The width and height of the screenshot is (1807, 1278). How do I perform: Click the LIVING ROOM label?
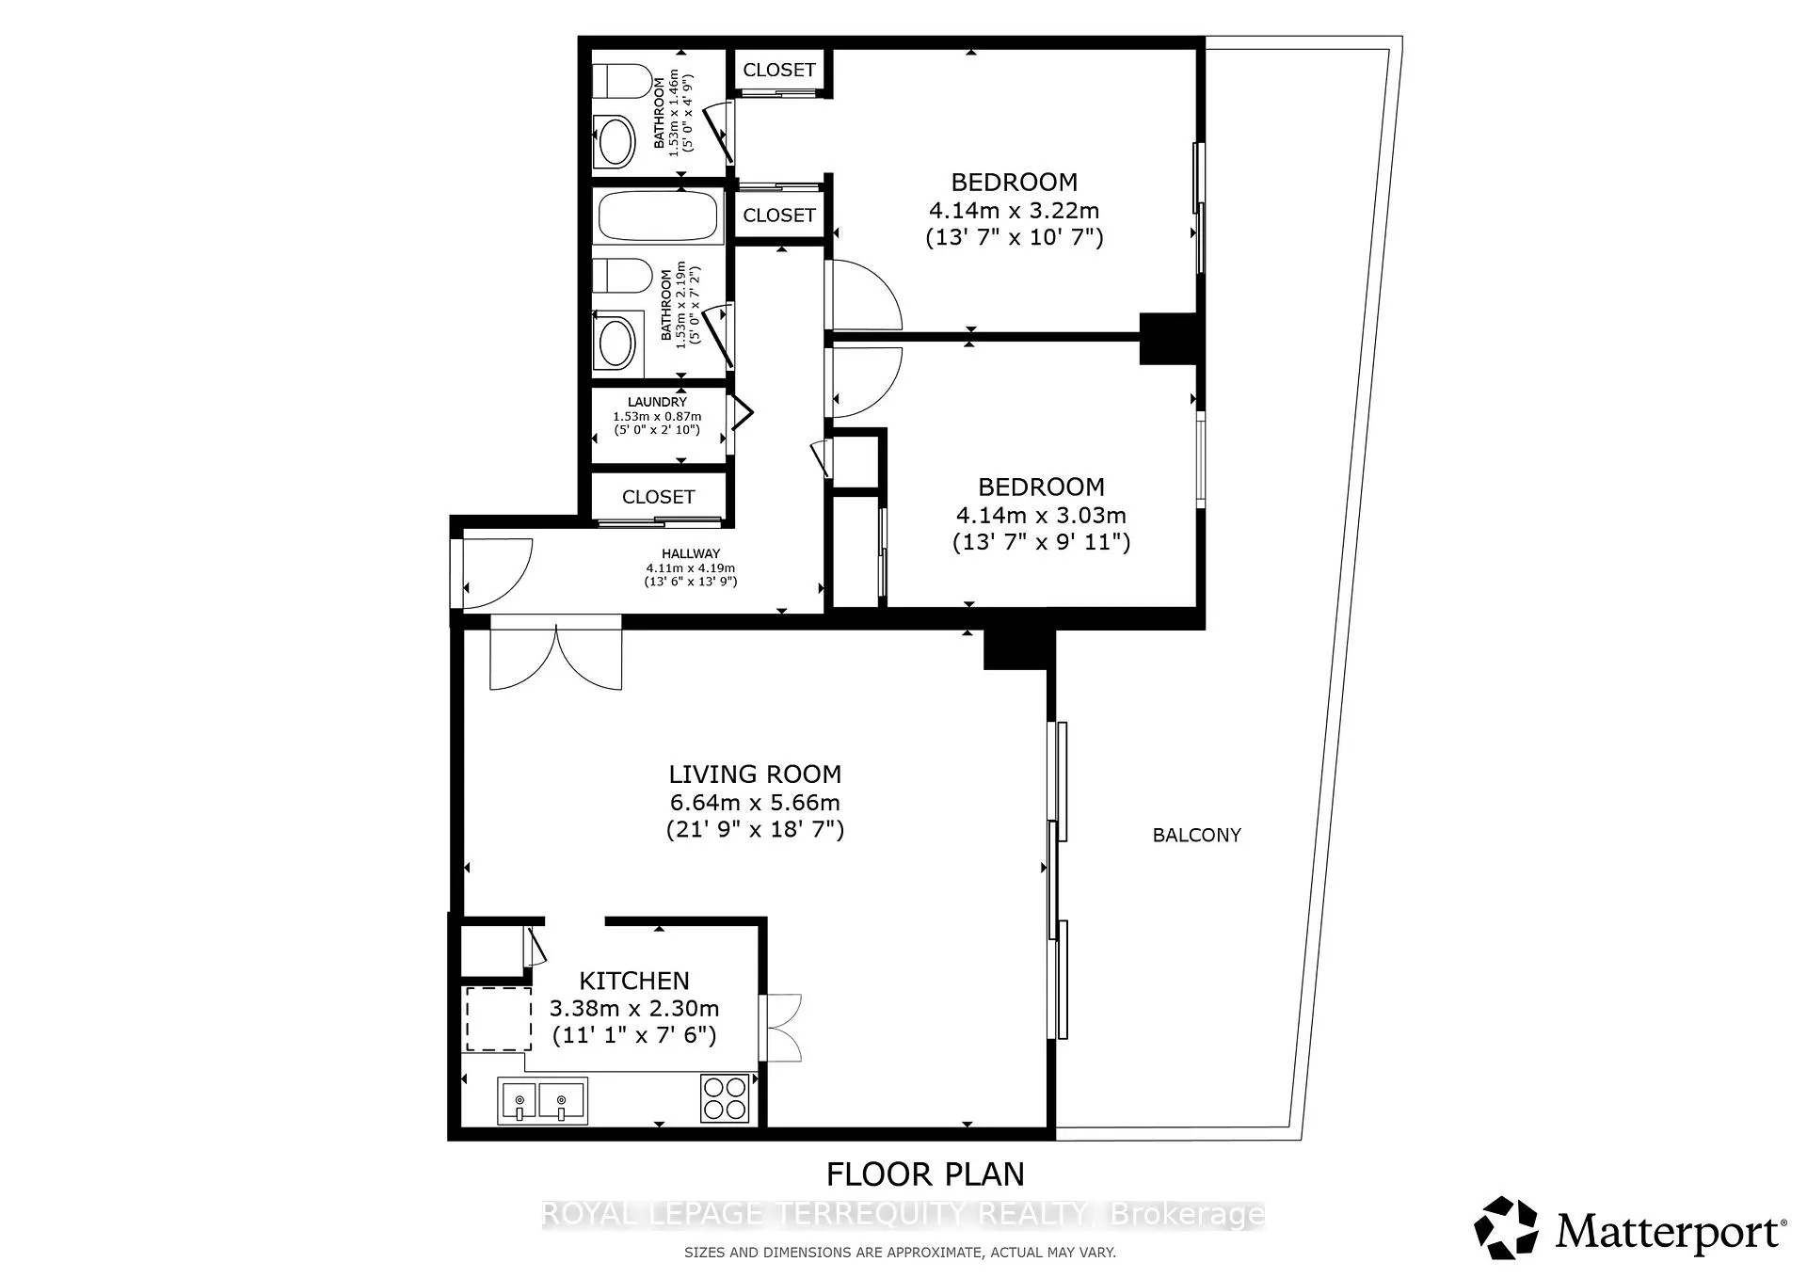755,775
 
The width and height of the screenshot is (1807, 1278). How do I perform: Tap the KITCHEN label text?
634,981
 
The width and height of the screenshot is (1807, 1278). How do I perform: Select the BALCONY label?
1197,835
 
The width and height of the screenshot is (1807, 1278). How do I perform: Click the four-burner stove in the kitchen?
725,1098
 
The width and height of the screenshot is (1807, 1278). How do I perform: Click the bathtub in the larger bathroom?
660,216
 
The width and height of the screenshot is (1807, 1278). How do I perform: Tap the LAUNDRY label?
657,402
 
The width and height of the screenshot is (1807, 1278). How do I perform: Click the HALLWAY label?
691,554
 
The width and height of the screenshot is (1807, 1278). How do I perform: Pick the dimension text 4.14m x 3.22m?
1013,211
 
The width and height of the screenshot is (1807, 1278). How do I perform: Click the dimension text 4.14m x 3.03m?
1041,516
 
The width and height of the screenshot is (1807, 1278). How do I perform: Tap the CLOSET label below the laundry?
659,497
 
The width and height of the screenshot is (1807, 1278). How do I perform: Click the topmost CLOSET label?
779,70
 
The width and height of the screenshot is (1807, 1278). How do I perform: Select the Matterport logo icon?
1507,1227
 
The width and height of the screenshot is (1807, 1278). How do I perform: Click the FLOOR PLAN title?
925,1174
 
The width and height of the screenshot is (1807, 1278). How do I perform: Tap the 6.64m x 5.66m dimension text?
755,803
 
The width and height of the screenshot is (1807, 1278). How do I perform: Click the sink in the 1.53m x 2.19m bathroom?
617,342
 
